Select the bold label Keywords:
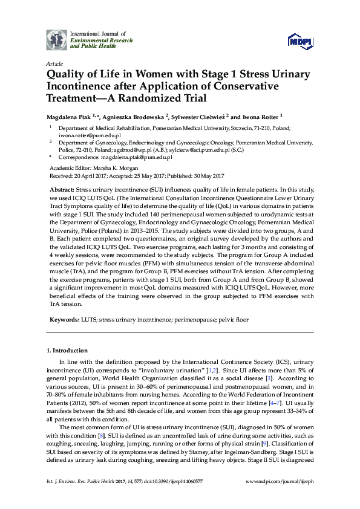click(x=66, y=319)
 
